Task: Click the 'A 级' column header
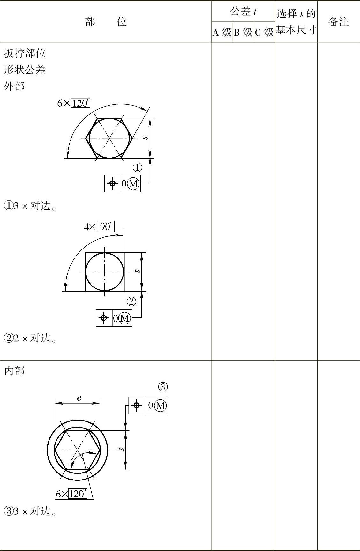coord(222,32)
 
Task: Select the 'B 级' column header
coord(243,32)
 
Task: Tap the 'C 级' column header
coord(265,32)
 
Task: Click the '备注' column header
coord(339,22)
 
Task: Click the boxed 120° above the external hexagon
coord(80,103)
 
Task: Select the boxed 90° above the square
coord(106,227)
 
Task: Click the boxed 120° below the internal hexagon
coord(78,494)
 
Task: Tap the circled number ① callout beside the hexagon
coord(137,168)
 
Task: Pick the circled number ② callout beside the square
coord(131,302)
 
